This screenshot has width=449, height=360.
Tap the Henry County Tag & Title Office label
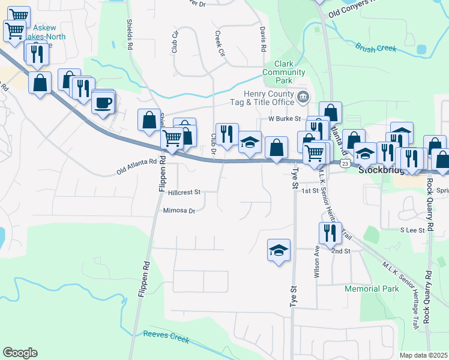tap(268, 98)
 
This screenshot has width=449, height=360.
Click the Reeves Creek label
tap(166, 337)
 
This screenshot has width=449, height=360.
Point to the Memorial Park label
tap(372, 289)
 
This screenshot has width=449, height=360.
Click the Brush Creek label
tap(375, 47)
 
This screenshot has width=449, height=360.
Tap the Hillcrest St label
tap(184, 193)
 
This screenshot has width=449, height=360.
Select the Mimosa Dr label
tap(179, 211)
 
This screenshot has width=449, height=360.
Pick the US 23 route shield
tap(344, 163)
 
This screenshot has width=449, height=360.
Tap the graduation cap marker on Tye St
tap(279, 250)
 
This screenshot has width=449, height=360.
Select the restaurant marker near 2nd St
tap(329, 233)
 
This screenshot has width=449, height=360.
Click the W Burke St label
tap(283, 119)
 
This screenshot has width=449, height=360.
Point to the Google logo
tap(20, 352)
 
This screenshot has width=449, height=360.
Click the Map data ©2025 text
tap(423, 355)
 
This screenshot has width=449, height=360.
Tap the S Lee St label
tap(412, 230)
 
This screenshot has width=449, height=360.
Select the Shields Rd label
tap(130, 33)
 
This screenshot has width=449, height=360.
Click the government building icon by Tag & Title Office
tap(303, 96)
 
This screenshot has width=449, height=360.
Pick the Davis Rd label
tap(263, 38)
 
